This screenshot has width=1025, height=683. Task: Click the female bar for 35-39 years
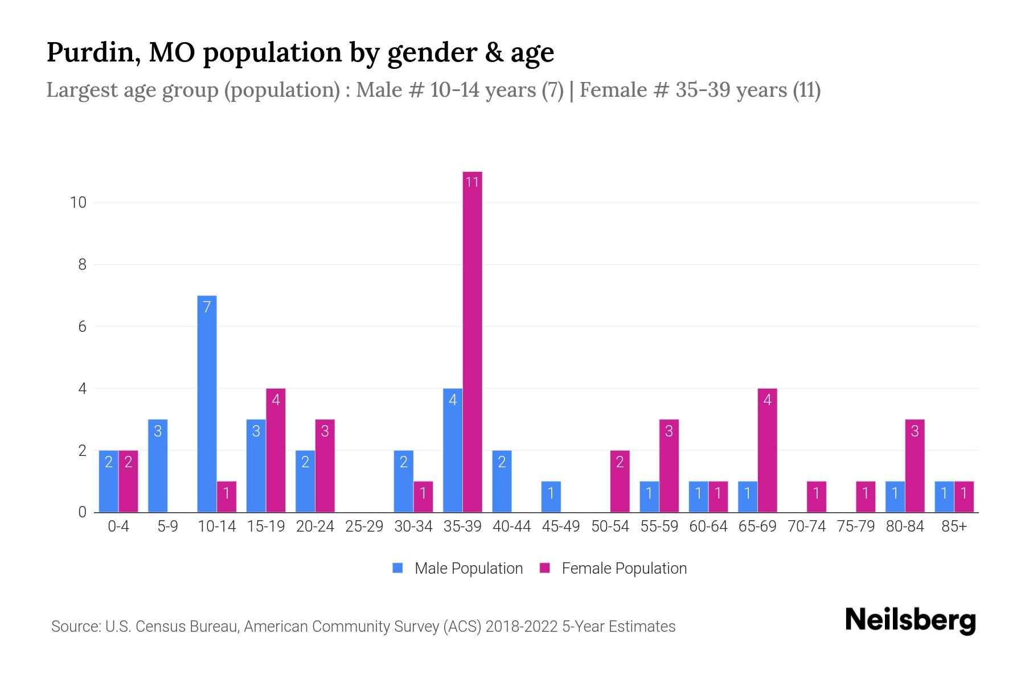472,341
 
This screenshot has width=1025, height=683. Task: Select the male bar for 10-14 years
207,404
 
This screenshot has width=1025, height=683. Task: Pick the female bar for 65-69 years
767,450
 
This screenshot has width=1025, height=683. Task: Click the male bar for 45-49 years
551,497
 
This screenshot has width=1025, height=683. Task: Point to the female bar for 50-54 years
620,481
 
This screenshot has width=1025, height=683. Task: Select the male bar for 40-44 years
502,481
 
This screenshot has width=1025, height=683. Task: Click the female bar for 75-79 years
866,497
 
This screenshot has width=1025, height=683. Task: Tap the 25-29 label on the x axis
364,526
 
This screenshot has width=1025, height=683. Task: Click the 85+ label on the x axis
954,526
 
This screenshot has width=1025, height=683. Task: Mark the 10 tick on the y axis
78,203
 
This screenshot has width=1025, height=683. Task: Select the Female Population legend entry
613,569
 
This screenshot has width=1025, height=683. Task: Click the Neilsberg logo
910,620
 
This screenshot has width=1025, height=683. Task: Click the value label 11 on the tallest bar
472,182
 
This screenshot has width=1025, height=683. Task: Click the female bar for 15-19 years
276,450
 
